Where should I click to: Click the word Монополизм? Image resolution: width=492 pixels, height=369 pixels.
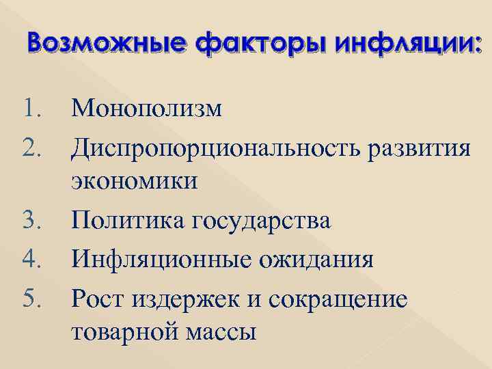tap(146, 108)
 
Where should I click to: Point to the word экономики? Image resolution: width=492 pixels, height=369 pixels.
tap(134, 182)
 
